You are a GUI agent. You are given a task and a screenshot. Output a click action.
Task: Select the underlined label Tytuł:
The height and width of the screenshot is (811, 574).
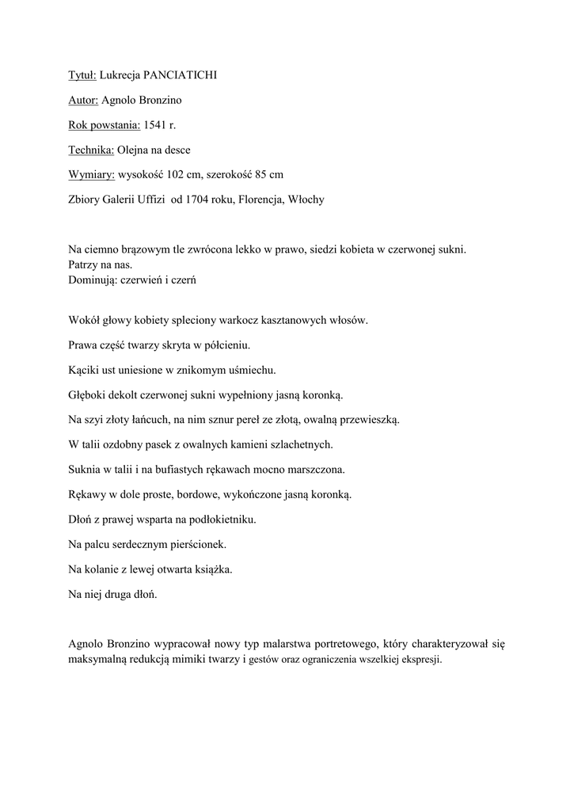click(x=82, y=75)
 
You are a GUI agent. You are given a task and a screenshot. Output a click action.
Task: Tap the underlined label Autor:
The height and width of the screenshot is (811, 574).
click(x=83, y=100)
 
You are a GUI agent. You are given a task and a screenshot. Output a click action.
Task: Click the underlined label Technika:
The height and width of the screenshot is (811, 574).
click(x=91, y=150)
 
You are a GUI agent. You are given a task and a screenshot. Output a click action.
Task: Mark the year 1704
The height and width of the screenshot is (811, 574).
click(x=198, y=200)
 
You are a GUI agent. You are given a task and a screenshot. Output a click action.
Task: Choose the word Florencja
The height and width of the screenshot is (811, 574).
click(x=263, y=200)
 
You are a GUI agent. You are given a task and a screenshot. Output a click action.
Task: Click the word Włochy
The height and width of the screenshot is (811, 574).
click(x=307, y=200)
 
